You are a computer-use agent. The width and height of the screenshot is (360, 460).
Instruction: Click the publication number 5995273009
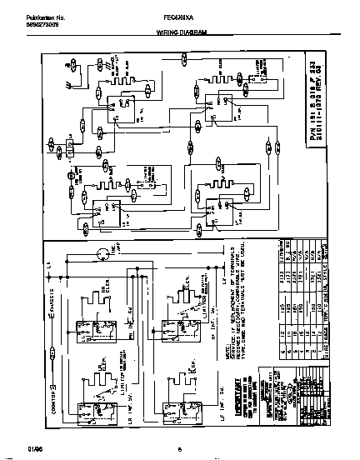(29, 22)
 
